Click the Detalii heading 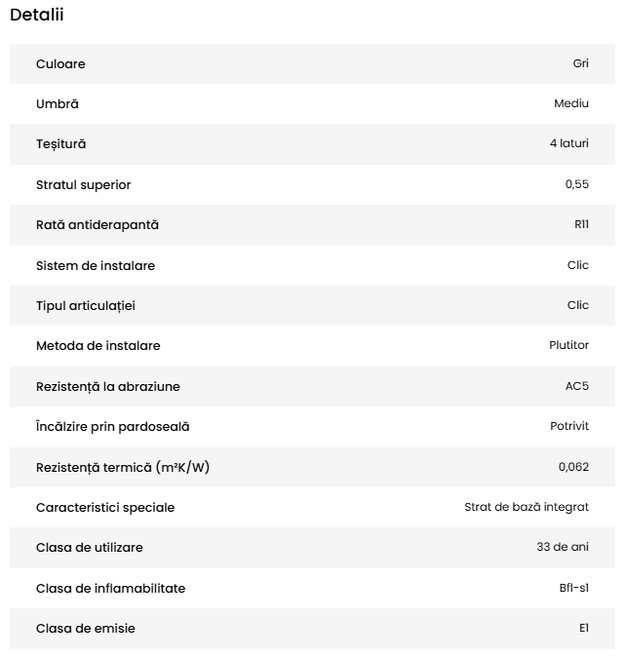[x=37, y=15]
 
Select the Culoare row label [x=60, y=64]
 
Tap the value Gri [x=580, y=64]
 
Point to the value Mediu [x=571, y=104]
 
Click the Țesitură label [x=60, y=144]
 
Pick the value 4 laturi [x=568, y=144]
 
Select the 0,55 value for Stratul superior [x=577, y=185]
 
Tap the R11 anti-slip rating [x=581, y=225]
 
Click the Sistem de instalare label [x=96, y=266]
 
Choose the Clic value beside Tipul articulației [x=578, y=306]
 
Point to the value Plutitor [x=569, y=346]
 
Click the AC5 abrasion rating [x=577, y=387]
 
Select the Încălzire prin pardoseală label [x=112, y=427]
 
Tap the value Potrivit [x=569, y=427]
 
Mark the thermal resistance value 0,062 [x=573, y=468]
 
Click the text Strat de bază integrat [x=527, y=508]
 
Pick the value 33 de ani [x=563, y=548]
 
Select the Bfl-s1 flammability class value [x=567, y=589]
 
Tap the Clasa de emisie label [x=86, y=629]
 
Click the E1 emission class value [x=583, y=629]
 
